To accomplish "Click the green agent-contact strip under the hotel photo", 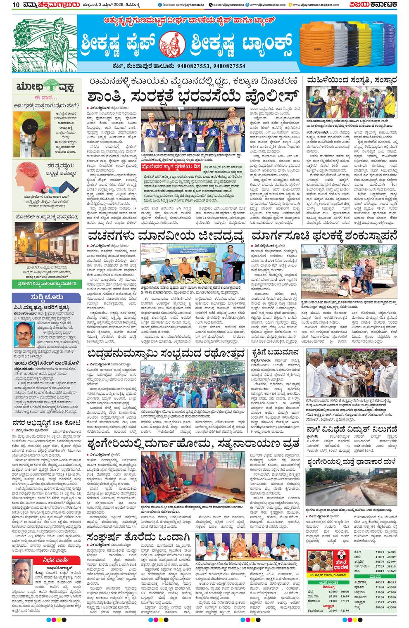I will click(46, 284).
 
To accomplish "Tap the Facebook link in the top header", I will click(178, 5).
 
